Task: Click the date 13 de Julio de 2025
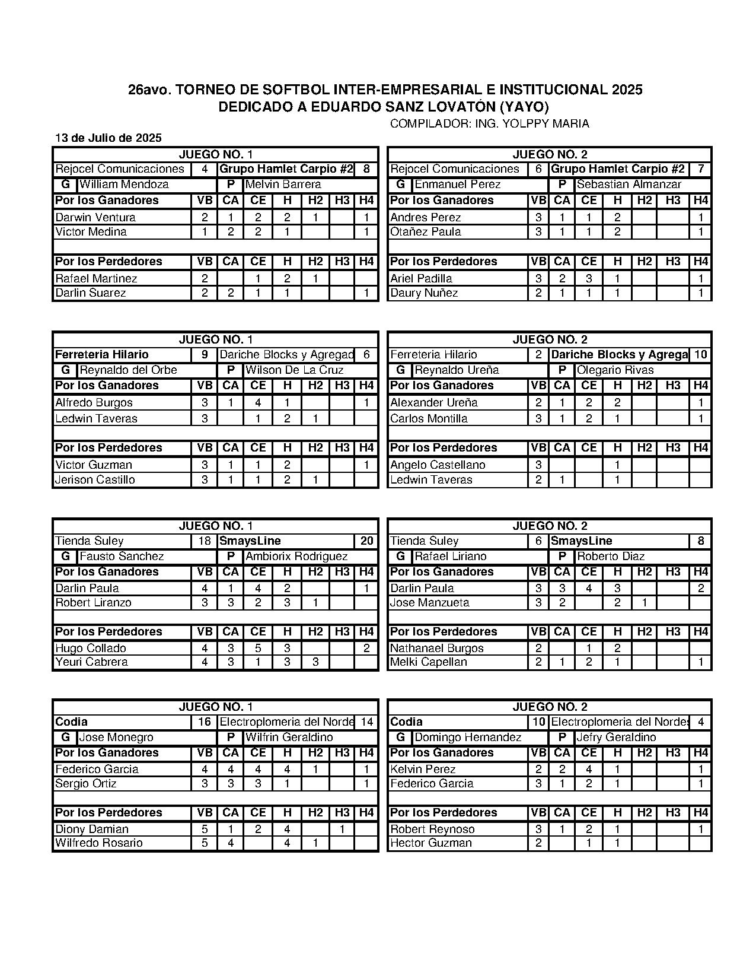[x=109, y=138]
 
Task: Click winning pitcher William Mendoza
[x=124, y=185]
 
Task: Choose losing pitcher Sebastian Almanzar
[x=629, y=185]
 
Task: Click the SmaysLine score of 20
[x=366, y=541]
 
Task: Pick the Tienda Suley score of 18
[x=205, y=541]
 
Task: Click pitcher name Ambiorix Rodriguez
[x=296, y=557]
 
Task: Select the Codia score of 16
[x=205, y=722]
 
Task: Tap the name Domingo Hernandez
[x=468, y=738]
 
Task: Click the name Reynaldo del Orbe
[x=128, y=370]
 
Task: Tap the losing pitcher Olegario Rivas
[x=615, y=370]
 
